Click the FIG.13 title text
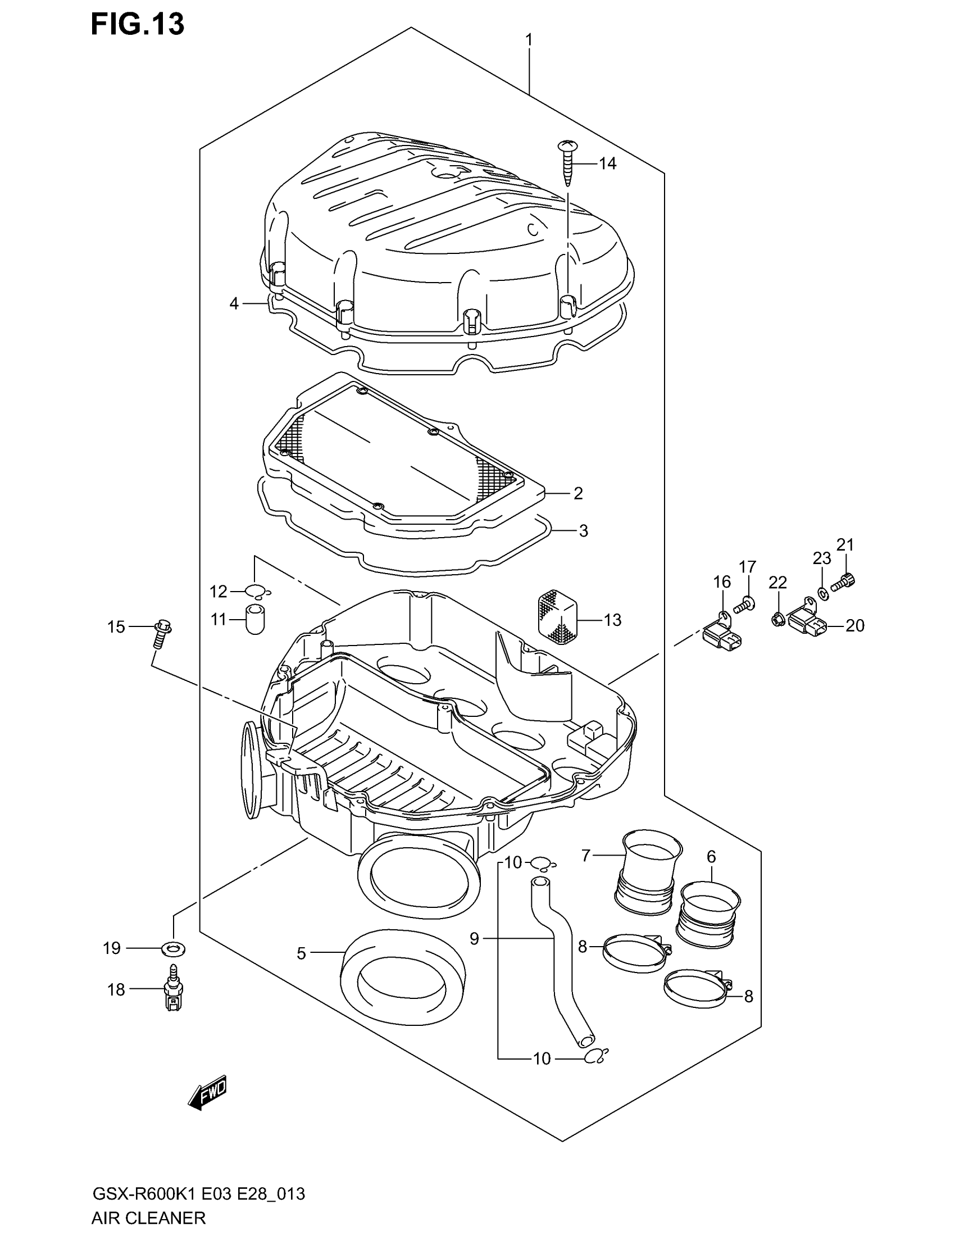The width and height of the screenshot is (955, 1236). tap(138, 25)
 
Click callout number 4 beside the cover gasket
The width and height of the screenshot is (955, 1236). tap(234, 303)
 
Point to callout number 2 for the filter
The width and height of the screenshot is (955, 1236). tap(577, 493)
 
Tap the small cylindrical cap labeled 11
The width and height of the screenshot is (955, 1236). tap(255, 619)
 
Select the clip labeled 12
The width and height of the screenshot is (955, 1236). tap(256, 592)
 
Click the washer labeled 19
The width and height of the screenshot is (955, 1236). tap(173, 947)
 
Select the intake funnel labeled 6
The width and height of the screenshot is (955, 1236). tap(710, 914)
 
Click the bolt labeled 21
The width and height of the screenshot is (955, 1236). tap(844, 580)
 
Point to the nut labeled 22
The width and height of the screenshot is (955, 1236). tap(778, 620)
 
